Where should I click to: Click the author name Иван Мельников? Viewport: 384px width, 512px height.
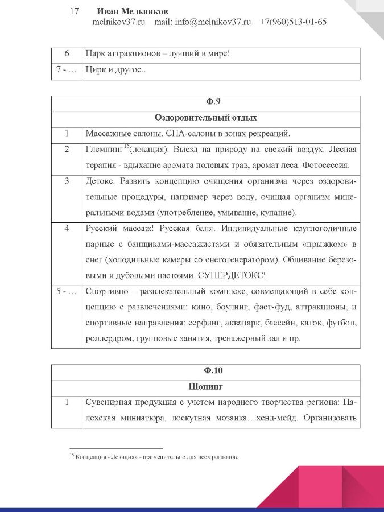click(133, 11)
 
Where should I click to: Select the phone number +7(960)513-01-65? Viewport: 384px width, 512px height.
click(293, 22)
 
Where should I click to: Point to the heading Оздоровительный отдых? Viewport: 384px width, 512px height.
click(205, 118)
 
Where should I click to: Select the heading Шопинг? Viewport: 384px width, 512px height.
click(205, 386)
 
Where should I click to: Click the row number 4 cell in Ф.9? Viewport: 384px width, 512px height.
click(67, 229)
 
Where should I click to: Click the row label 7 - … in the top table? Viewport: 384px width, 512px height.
click(67, 71)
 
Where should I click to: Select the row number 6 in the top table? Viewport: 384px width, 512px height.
click(67, 55)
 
